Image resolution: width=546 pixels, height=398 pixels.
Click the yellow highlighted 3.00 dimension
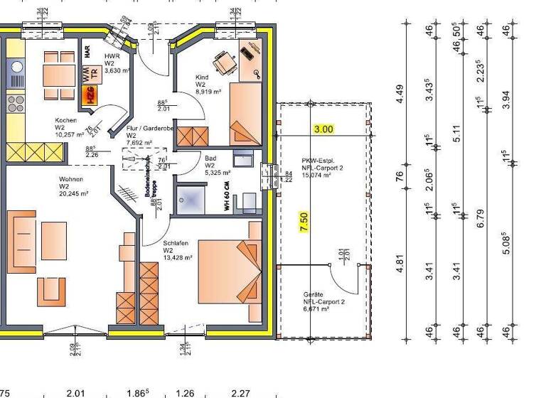[323, 129]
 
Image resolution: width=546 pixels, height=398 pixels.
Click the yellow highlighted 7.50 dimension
[304, 222]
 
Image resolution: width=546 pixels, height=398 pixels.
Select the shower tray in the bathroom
[191, 198]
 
